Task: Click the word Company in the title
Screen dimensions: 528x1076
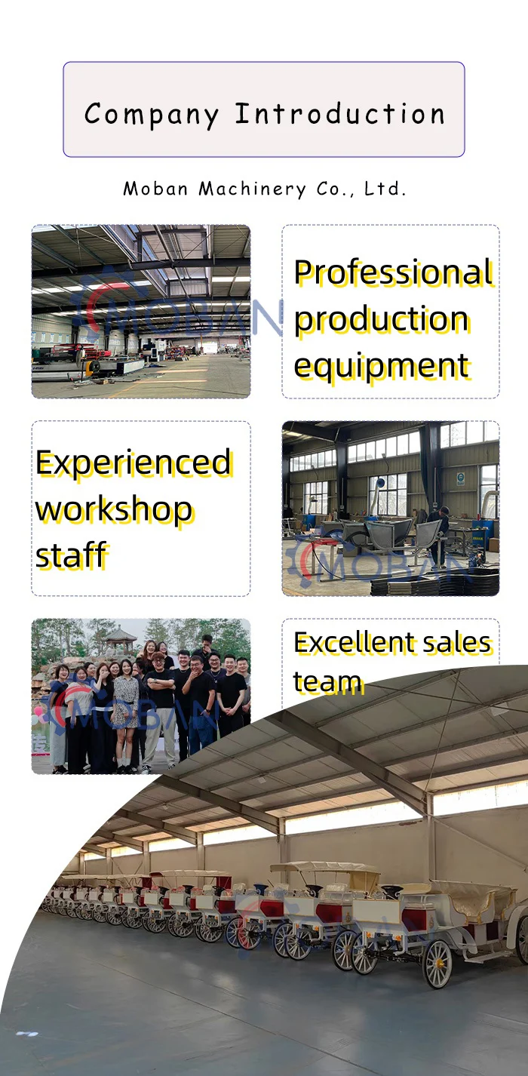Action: click(x=151, y=115)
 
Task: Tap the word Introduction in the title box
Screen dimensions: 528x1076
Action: click(x=340, y=114)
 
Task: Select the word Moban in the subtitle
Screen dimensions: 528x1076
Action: click(x=155, y=189)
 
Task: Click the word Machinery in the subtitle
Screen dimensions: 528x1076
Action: click(x=253, y=189)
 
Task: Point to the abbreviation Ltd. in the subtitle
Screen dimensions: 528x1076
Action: click(x=385, y=189)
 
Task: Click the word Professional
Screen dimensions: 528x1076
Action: click(x=393, y=273)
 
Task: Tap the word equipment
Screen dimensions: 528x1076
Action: click(x=381, y=367)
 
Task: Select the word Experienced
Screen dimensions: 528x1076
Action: click(x=134, y=463)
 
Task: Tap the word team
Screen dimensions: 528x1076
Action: click(x=327, y=682)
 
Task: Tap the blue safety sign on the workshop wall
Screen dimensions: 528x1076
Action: click(x=460, y=478)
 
